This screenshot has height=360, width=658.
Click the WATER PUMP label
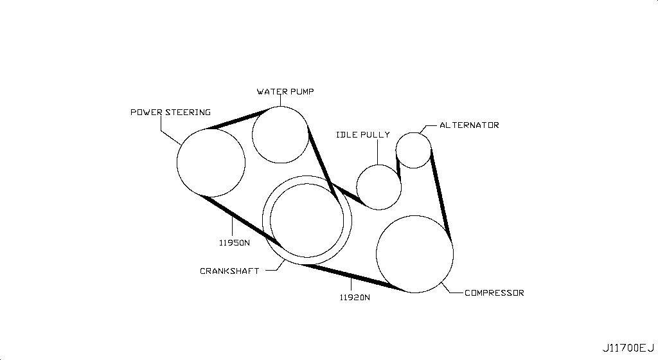point(285,91)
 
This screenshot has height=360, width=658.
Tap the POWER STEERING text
point(170,112)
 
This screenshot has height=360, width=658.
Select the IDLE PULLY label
point(363,135)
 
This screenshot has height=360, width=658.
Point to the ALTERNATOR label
point(469,125)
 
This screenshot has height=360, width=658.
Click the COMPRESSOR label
point(494,293)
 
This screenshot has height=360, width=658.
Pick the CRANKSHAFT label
point(229,271)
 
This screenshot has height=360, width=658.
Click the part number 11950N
point(234,242)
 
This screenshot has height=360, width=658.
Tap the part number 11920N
point(355,298)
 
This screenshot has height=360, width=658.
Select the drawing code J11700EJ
point(628,348)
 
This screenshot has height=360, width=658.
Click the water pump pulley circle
point(280,135)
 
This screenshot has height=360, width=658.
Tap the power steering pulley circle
point(211,163)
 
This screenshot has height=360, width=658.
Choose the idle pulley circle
point(379,187)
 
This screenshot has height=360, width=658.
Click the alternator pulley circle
point(414,150)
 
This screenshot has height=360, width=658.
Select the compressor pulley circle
point(414,255)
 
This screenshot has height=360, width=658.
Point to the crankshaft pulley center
point(307,221)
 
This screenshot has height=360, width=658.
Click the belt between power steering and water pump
point(237,119)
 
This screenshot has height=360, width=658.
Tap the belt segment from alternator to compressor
point(441,195)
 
